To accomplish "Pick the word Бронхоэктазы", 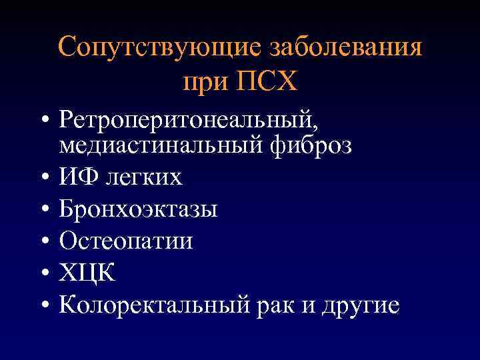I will pos(138,209).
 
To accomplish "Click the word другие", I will pos(362,305).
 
